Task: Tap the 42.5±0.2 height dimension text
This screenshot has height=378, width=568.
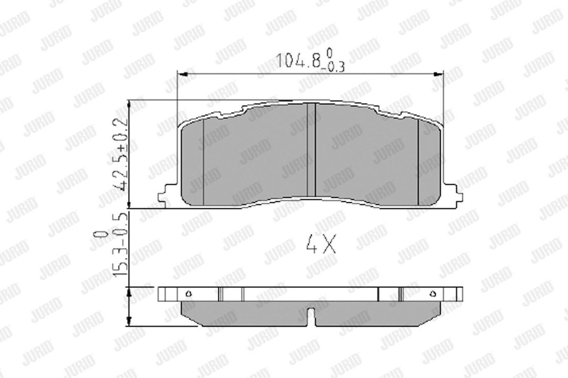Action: coord(120,155)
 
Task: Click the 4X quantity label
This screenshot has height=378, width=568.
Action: coord(321,244)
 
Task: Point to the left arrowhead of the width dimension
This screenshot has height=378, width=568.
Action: coord(182,74)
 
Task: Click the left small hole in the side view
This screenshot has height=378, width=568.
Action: coord(189,294)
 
